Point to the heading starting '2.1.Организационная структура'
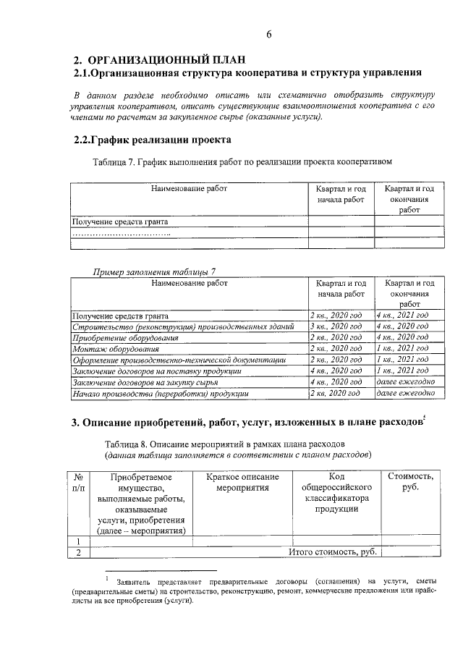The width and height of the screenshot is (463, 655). pos(247,74)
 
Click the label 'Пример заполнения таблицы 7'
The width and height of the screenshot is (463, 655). pos(155,271)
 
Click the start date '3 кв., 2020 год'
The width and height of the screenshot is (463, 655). pos(335,327)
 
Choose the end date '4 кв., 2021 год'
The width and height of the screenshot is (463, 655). pos(402,316)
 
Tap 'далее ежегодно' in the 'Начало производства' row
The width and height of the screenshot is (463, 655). pos(405,393)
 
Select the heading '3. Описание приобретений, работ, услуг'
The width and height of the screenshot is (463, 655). pos(247,423)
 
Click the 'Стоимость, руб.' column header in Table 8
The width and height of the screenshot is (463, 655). pos(411,482)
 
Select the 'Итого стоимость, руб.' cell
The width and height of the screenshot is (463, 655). pos(334,553)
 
